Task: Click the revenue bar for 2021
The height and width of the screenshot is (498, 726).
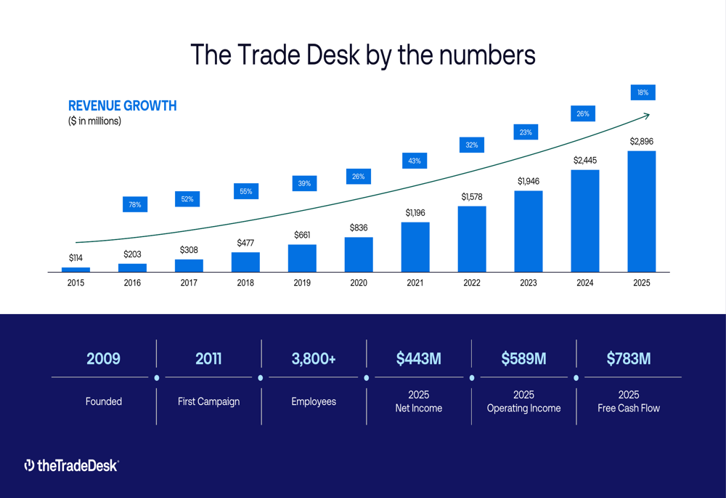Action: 415,247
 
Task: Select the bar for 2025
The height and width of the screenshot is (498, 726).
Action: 642,212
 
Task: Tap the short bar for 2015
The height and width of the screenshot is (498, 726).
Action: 76,270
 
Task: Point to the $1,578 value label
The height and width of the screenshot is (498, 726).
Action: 472,196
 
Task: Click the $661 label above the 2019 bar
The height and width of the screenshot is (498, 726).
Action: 302,235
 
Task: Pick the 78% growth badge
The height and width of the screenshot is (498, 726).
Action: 135,205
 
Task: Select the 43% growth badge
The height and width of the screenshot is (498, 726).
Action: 415,161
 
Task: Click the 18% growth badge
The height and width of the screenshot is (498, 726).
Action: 643,92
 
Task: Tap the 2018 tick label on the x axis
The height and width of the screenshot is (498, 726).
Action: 245,283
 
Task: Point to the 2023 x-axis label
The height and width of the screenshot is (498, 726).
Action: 529,283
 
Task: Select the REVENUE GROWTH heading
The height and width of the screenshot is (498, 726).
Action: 122,106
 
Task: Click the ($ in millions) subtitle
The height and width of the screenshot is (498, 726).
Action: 94,121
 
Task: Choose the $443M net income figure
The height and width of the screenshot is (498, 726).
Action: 419,358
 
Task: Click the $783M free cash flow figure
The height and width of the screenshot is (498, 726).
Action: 629,358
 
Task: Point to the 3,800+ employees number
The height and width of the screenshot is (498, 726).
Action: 314,358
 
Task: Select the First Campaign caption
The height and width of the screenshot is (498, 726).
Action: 208,401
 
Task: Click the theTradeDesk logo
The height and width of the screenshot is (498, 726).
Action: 71,465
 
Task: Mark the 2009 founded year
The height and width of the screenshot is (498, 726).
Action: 103,358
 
